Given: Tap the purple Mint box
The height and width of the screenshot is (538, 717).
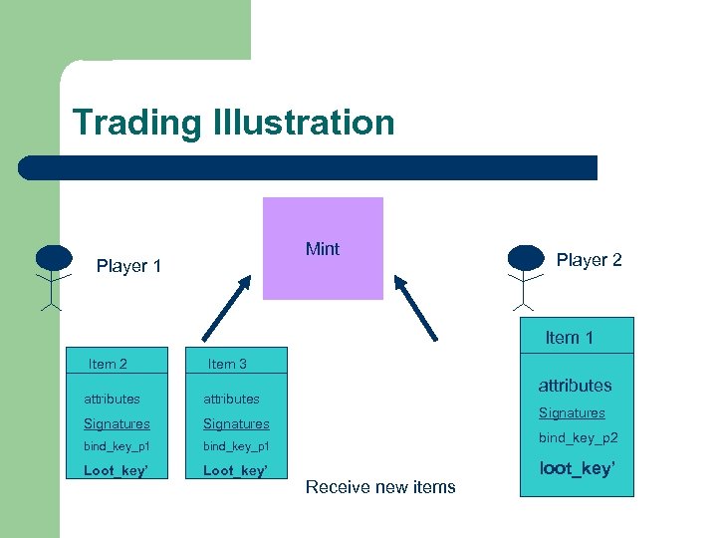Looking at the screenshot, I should point(323,249).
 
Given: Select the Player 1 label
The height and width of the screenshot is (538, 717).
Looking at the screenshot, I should point(128,266).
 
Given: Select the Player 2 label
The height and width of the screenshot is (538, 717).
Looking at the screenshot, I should point(589,260).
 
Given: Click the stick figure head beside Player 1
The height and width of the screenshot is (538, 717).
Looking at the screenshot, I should point(54,258).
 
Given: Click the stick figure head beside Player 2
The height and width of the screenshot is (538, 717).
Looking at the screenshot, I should point(526,257).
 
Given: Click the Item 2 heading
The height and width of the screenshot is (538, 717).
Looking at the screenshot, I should point(108,364).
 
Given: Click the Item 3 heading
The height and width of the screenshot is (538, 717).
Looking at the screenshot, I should point(227,364).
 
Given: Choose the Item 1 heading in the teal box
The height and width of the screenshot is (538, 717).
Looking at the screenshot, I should point(569,338).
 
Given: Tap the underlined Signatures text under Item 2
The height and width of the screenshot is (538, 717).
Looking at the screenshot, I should point(117,423).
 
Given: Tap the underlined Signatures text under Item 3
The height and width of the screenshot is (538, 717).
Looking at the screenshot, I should point(236,423).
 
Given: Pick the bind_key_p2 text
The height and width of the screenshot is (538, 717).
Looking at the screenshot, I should point(579,438).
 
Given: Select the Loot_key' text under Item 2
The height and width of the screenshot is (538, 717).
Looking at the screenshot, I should point(116,470).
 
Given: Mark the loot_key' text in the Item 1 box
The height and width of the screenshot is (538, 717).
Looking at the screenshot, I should point(577,467).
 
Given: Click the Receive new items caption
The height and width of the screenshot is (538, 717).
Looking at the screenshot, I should point(380,487).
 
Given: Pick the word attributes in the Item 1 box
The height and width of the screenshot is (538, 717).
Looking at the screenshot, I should point(575,386).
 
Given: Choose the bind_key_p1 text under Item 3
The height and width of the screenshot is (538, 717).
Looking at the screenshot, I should point(236,446).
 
